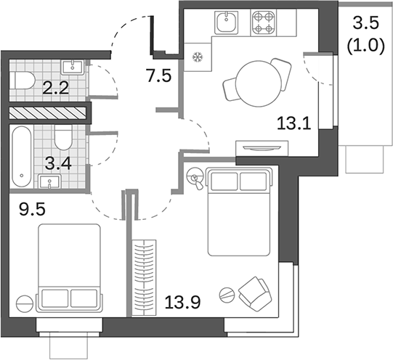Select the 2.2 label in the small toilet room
point(55,89)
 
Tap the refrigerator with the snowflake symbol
point(195,59)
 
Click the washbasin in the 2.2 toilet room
point(72,68)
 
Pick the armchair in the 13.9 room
point(254,292)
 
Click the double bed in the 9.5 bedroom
point(69,266)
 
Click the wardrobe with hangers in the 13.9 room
point(146,274)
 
